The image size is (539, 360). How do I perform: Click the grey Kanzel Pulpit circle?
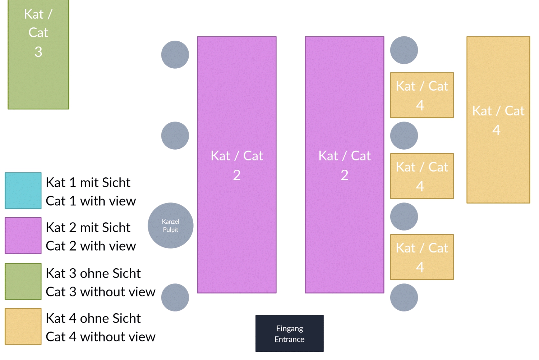(x=170, y=225)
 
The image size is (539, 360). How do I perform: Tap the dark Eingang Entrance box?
(x=289, y=333)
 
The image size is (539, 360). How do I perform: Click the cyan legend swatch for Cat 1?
(x=23, y=191)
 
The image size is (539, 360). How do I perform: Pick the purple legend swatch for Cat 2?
(x=23, y=236)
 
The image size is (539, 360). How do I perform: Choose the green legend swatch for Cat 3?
(x=23, y=281)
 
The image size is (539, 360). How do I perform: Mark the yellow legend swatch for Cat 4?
(x=23, y=326)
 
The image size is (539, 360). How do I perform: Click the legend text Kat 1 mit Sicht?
(x=88, y=183)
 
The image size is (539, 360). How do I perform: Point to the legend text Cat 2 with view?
(x=91, y=246)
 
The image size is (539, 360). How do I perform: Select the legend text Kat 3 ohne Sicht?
(x=93, y=274)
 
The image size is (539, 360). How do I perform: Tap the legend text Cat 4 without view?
(x=100, y=337)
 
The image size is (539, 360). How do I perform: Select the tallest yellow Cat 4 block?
(x=498, y=120)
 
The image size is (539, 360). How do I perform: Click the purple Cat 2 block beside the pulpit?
(x=237, y=165)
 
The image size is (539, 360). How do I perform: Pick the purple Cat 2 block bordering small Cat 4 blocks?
(x=344, y=165)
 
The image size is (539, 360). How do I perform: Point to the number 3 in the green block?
(x=38, y=52)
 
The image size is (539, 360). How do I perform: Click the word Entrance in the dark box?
(x=289, y=339)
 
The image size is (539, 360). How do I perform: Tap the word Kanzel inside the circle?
(x=170, y=222)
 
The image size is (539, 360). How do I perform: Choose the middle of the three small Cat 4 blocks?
(x=422, y=176)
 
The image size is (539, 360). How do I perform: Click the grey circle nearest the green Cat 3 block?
(x=175, y=55)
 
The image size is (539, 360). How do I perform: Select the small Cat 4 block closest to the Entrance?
(x=422, y=257)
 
